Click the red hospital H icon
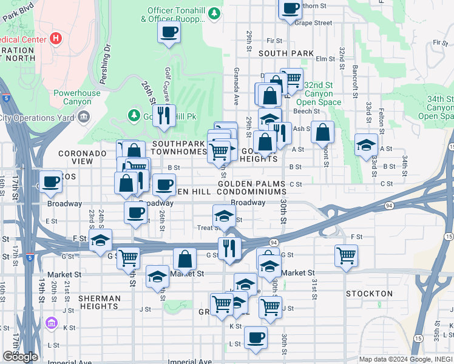56,39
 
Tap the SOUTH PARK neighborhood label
286,53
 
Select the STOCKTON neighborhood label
369,294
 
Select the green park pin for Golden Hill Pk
134,115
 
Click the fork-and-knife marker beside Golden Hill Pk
162,115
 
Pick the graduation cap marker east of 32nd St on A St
365,145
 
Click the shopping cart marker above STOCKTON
345,255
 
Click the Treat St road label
209,228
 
